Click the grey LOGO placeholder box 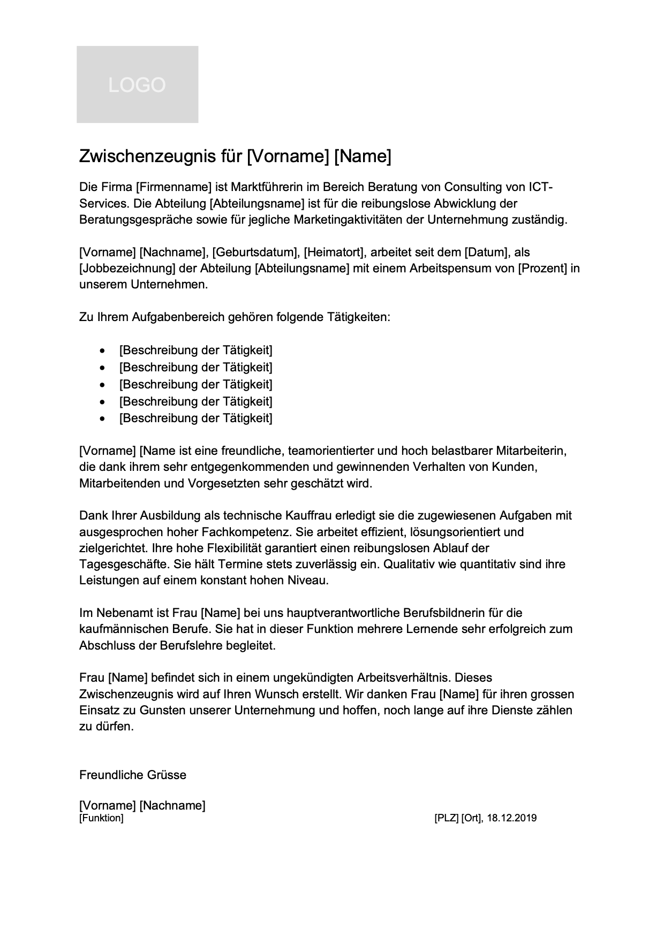pos(137,85)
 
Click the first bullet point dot pos(103,351)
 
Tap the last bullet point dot pos(103,418)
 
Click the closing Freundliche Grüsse pos(133,774)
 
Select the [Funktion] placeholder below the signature pos(101,818)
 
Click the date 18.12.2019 pos(512,818)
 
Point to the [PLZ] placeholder pos(446,818)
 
